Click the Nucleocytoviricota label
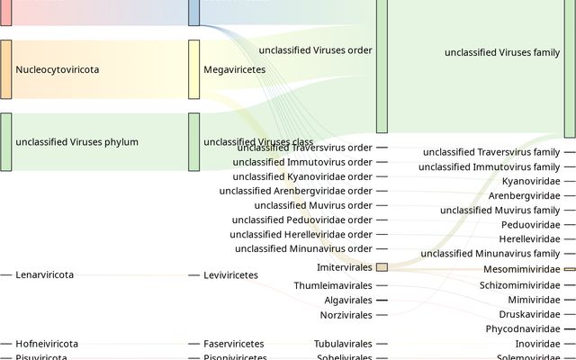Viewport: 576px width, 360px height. [58, 69]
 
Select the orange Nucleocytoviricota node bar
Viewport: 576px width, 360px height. [5, 69]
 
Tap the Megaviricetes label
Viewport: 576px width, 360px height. [234, 69]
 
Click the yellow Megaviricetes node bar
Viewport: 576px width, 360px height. [193, 69]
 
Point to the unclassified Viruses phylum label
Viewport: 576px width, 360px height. [76, 142]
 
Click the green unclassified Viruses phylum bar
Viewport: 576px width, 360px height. [5, 142]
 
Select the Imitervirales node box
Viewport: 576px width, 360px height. [382, 267]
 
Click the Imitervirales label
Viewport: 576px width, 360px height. [345, 268]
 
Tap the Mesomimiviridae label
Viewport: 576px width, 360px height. [521, 268]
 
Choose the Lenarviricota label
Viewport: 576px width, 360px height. [45, 274]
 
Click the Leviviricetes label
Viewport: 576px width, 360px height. [231, 274]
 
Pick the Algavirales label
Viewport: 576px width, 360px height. [348, 301]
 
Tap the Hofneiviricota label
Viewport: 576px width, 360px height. [47, 344]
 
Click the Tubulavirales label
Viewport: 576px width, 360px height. [343, 344]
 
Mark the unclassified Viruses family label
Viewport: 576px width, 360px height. [502, 53]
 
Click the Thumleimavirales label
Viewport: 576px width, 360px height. [332, 285]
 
